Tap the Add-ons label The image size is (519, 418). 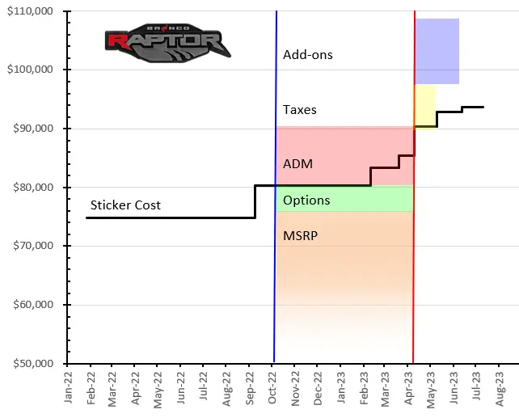307,55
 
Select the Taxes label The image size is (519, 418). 299,110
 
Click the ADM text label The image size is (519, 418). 297,164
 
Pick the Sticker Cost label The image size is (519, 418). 125,205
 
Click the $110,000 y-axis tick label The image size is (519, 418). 30,11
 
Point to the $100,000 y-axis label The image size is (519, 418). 30,70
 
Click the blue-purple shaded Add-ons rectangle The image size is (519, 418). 437,51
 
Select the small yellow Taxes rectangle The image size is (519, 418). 425,101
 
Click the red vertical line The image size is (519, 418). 414,243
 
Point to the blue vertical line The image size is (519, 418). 275,243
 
